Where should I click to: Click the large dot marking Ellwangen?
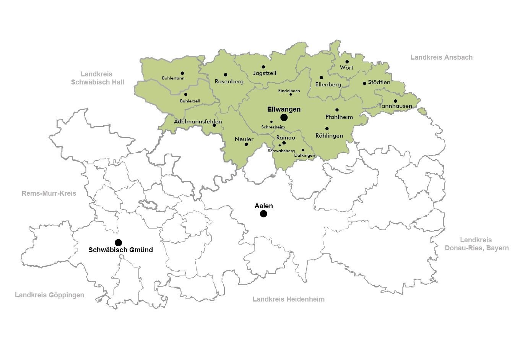tap(284, 117)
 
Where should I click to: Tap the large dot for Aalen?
tap(263, 214)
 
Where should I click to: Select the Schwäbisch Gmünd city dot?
tap(119, 243)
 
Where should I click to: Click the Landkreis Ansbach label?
tap(441, 57)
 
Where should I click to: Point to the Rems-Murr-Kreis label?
tap(49, 193)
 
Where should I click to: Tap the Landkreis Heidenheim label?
tap(288, 299)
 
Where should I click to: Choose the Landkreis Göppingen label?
tap(49, 295)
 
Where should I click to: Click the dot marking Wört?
tap(347, 62)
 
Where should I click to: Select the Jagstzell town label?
tap(265, 73)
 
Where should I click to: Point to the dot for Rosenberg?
tap(226, 75)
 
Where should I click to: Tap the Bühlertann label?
tap(173, 78)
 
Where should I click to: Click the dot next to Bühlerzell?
tap(186, 94)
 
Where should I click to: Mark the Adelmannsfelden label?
tap(198, 122)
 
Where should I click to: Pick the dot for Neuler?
tap(246, 144)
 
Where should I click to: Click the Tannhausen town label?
tap(395, 106)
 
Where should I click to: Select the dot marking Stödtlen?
tap(364, 83)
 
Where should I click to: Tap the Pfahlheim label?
tap(339, 117)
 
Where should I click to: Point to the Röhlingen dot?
tap(327, 129)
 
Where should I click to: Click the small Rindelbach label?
tap(289, 91)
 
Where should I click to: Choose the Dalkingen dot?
tap(303, 150)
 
